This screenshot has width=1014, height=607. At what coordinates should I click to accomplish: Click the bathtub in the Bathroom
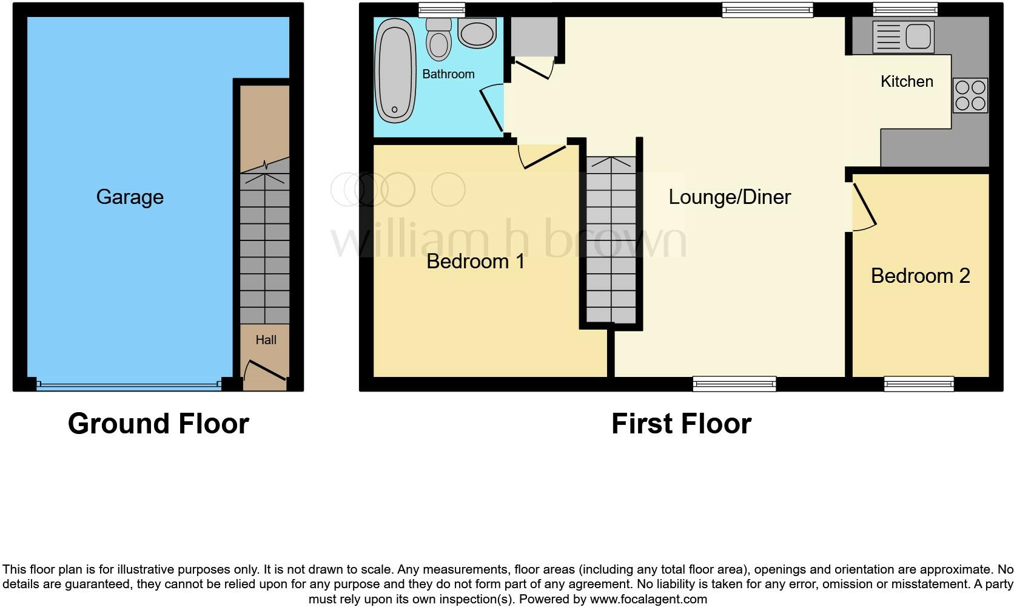click(395, 71)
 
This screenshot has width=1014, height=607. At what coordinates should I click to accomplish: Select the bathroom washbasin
click(477, 33)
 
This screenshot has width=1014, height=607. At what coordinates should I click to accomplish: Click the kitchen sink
click(904, 36)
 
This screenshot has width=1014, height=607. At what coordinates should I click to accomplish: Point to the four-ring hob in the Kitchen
click(970, 95)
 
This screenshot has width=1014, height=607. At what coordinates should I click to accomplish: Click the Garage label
click(130, 197)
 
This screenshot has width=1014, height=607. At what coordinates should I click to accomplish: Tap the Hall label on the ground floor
click(266, 340)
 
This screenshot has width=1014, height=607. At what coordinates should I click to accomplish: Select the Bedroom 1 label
click(475, 261)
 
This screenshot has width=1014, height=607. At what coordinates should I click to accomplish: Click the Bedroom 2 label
click(920, 276)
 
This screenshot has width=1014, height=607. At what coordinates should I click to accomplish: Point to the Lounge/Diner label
click(730, 197)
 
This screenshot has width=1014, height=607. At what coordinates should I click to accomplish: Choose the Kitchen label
click(907, 81)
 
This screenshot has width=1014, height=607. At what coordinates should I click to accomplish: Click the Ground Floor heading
click(158, 424)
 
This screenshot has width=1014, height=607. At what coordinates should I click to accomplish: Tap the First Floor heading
click(681, 424)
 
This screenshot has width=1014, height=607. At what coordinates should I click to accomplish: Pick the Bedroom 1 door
click(542, 155)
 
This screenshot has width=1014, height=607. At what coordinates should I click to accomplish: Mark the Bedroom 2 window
click(919, 383)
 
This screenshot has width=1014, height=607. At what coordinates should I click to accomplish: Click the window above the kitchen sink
click(905, 9)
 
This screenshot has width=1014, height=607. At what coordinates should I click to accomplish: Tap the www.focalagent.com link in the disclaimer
click(648, 599)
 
